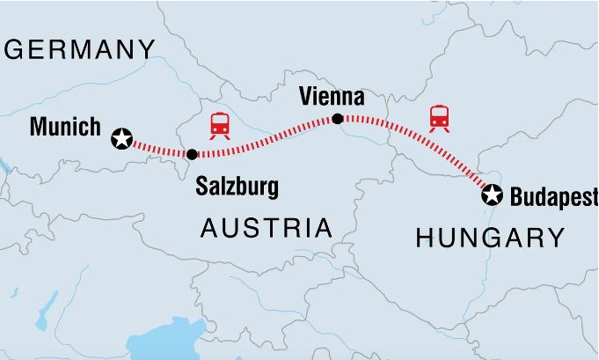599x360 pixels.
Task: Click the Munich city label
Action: (65, 127)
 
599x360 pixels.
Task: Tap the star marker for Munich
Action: (121, 138)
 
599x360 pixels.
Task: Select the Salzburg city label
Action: (237, 187)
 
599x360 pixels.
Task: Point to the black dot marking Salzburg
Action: (192, 154)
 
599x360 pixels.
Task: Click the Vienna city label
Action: (332, 96)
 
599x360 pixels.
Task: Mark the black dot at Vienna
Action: (337, 119)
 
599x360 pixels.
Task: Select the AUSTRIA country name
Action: (267, 229)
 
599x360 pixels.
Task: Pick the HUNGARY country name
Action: (490, 237)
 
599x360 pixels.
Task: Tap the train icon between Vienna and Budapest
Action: (439, 117)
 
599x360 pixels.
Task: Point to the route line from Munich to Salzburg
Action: (158, 149)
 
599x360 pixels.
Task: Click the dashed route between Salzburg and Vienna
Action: (264, 141)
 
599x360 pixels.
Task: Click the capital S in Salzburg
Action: (202, 187)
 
